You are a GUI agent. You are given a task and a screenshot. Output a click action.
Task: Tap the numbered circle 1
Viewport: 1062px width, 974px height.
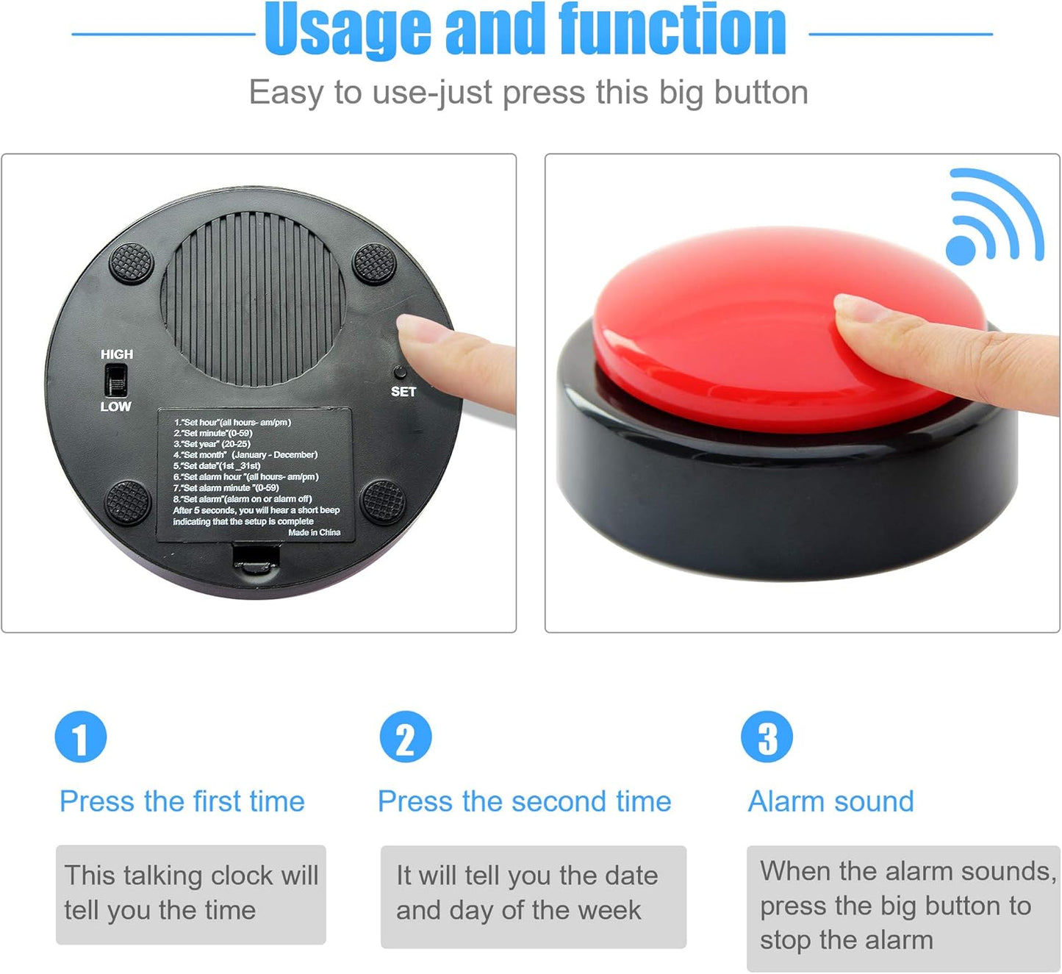click(x=81, y=737)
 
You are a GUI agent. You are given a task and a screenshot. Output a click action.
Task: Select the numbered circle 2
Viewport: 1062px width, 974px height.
click(x=406, y=737)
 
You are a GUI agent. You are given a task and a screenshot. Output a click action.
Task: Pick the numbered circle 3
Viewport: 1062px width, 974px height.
click(x=767, y=737)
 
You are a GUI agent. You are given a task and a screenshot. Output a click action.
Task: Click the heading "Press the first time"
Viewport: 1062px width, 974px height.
click(x=182, y=801)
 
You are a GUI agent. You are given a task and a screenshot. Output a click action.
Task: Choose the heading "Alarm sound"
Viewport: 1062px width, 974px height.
click(x=830, y=801)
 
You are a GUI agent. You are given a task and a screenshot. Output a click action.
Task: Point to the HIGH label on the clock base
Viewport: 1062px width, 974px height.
click(x=117, y=354)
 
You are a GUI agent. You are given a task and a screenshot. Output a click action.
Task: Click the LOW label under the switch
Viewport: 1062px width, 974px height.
click(x=116, y=407)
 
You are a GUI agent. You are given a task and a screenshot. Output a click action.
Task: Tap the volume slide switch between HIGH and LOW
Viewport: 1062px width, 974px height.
click(x=116, y=381)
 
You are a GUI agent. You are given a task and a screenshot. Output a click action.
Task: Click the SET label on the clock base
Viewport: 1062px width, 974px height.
click(x=403, y=392)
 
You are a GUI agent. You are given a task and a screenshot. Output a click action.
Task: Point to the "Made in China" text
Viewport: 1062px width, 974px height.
click(x=314, y=532)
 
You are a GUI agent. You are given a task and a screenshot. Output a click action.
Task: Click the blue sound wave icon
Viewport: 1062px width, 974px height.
click(x=994, y=219)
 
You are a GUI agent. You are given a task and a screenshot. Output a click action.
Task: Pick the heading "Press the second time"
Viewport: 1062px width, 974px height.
click(x=524, y=801)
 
